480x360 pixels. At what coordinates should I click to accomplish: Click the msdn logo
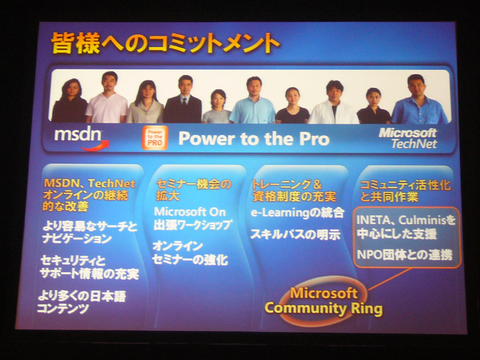81,138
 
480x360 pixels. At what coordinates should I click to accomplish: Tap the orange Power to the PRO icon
155,138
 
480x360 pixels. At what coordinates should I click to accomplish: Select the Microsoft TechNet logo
408,139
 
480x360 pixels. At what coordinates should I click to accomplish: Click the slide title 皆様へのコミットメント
165,43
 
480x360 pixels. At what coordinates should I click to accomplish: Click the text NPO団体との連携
404,254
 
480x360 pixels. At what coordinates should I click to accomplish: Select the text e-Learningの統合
297,213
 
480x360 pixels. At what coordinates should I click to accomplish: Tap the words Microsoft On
190,212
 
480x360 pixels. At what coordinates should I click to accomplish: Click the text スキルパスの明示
295,235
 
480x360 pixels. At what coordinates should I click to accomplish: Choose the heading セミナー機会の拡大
193,190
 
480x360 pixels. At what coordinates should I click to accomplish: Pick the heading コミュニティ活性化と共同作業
405,191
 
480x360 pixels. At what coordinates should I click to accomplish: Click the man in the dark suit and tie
183,100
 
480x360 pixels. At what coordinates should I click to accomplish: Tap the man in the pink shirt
107,98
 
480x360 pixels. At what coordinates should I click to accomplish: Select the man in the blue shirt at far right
419,100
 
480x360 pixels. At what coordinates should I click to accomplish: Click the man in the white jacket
334,103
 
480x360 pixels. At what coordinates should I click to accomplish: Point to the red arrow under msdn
95,146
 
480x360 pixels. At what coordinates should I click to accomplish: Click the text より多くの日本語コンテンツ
82,302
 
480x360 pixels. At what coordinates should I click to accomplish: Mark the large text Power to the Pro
254,139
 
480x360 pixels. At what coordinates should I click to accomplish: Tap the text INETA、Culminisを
406,220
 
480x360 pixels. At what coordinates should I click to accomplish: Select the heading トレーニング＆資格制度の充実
294,191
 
